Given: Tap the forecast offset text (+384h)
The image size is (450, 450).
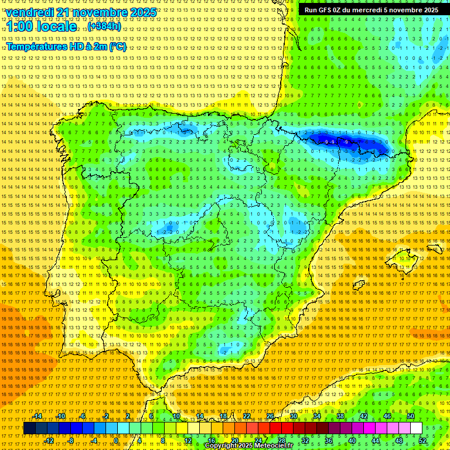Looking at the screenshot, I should click(x=104, y=27).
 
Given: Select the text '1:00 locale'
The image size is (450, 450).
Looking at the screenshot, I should click(x=42, y=27).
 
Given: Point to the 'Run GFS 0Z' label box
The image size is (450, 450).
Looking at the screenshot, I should click(x=371, y=10).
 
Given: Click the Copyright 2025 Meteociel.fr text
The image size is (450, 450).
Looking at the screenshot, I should click(x=249, y=446).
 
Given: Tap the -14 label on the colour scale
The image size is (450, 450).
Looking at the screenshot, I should click(x=39, y=416).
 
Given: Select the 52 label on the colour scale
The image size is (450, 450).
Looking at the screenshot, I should click(x=422, y=441).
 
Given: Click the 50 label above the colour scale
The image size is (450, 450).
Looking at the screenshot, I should click(x=411, y=416).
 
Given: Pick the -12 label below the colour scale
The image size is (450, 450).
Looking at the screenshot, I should click(x=49, y=441).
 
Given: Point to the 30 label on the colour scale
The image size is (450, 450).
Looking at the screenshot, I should click(x=293, y=416).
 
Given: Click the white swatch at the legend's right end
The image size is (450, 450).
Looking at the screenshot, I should click(x=416, y=428).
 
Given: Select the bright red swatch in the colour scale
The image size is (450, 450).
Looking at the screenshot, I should click(x=275, y=428).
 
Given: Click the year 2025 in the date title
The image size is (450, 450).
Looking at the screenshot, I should click(x=143, y=12).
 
